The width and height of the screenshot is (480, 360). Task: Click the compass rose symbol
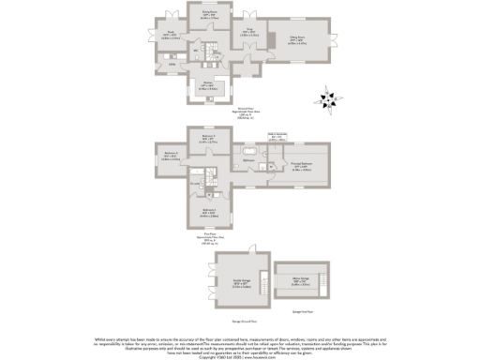(327, 98)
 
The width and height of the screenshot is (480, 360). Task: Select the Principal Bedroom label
(301, 169)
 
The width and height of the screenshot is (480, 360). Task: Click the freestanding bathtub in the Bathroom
(251, 150)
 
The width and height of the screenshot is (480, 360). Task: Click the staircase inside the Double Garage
(249, 259)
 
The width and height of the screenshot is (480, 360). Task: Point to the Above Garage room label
(303, 280)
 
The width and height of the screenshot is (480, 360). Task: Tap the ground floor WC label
(194, 52)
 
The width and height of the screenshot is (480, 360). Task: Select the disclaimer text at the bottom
(240, 343)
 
